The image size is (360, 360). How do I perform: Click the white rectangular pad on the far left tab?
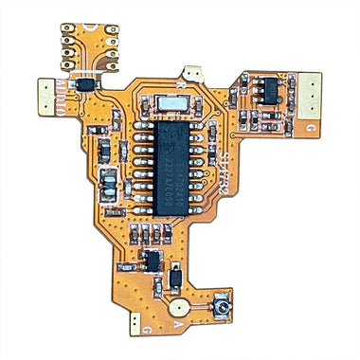(x=44, y=93)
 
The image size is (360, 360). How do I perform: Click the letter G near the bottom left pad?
(x=149, y=327)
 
